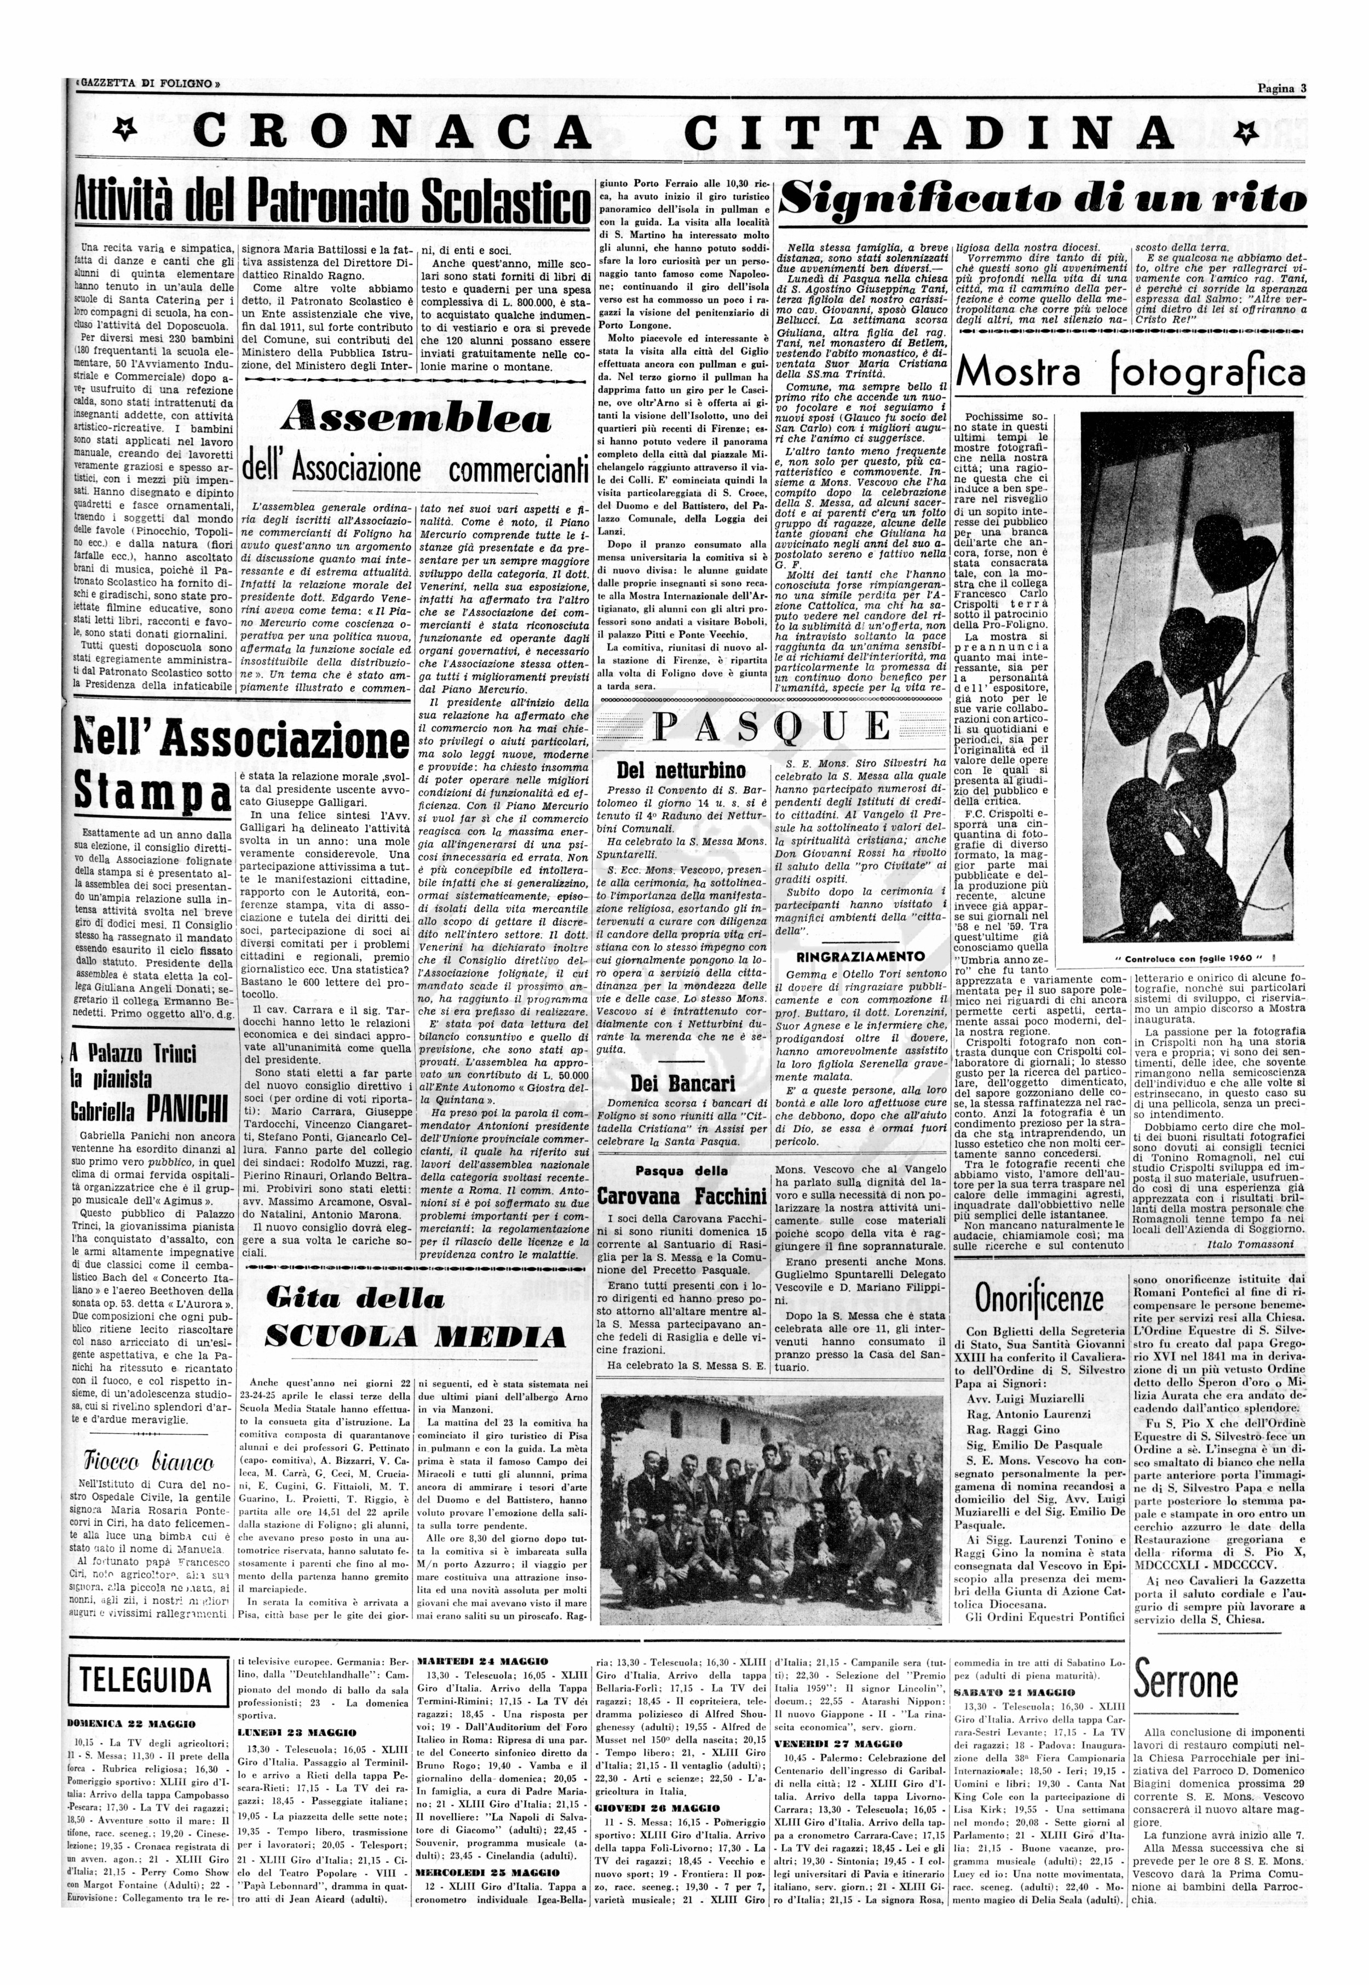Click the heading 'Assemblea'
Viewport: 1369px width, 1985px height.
tap(415, 419)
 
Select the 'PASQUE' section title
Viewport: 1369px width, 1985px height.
tap(772, 727)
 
